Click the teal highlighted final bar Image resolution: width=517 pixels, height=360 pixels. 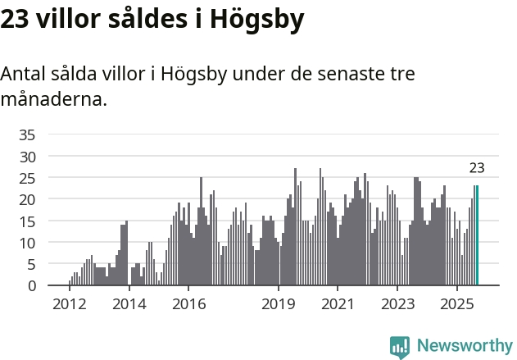click(476, 235)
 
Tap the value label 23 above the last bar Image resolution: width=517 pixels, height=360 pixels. click(477, 168)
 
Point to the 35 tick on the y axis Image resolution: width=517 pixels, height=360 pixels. click(27, 134)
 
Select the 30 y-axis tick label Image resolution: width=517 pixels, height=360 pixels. click(27, 156)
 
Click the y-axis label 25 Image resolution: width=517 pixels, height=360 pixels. click(27, 178)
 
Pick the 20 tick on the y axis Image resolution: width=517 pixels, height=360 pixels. click(27, 199)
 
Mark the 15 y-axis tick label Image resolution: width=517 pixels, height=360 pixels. click(27, 221)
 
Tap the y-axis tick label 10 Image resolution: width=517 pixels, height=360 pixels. click(27, 243)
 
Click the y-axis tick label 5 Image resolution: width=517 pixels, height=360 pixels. click(31, 264)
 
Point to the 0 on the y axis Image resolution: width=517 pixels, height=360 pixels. click(31, 285)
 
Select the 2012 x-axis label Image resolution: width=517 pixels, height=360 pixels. click(69, 304)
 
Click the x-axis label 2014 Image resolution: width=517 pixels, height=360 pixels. click(129, 304)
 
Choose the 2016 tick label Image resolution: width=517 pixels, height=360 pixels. click(188, 304)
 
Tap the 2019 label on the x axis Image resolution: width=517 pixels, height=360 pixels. click(279, 304)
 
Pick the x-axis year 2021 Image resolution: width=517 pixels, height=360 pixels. click(338, 304)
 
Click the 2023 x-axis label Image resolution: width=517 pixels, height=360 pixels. click(398, 304)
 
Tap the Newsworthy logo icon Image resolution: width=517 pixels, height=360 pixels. click(400, 346)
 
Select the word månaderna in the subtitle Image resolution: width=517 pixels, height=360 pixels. click(54, 99)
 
